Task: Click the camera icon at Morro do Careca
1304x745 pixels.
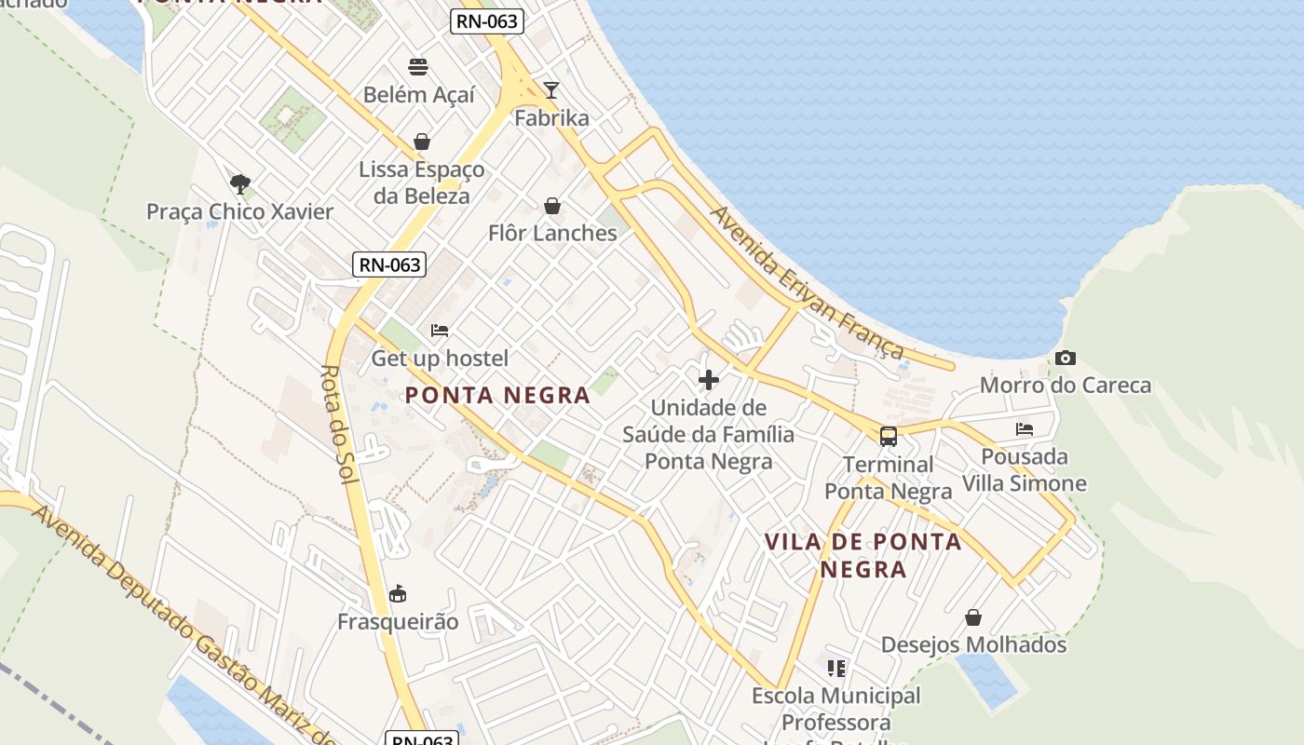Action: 1066,358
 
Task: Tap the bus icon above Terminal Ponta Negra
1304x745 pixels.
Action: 889,436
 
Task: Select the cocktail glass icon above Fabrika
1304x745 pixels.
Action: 551,90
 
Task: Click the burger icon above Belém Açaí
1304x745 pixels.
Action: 418,66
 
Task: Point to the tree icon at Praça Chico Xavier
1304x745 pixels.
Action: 239,183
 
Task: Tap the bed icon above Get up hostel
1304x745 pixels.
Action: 440,330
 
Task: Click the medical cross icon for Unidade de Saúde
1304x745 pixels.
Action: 709,380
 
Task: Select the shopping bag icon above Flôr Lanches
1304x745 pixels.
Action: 552,205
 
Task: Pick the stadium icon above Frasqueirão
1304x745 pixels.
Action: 398,593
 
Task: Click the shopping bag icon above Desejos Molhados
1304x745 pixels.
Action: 973,617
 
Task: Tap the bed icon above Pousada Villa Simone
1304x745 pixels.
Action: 1025,429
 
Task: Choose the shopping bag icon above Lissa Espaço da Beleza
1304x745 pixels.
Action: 422,142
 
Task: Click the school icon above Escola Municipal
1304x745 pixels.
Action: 836,668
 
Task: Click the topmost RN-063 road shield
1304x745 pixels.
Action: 487,21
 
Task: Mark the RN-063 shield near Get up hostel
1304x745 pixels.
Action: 390,264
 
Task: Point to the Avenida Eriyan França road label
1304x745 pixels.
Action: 807,283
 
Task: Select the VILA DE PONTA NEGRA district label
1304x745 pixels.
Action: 863,555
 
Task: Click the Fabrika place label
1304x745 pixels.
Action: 552,118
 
